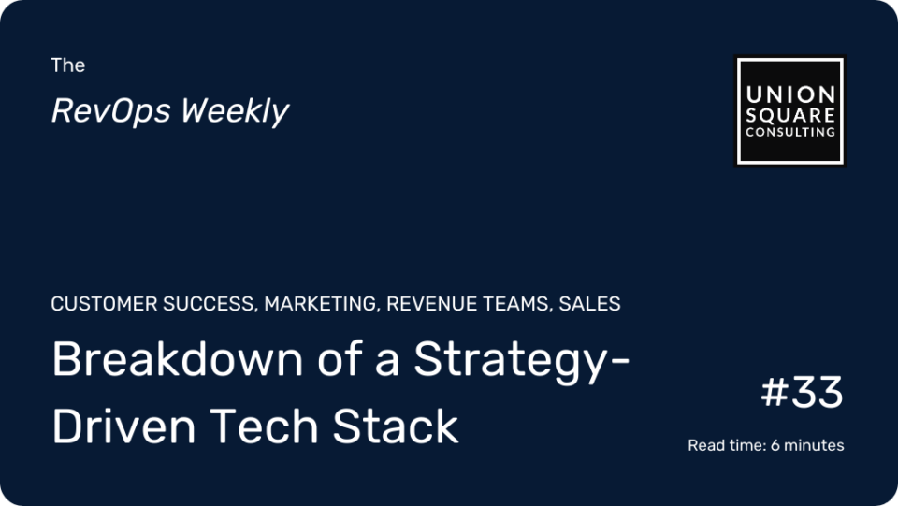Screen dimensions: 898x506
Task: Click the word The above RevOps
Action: coord(67,65)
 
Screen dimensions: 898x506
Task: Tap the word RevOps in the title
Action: coord(110,111)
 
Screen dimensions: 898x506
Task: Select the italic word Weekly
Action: coord(236,111)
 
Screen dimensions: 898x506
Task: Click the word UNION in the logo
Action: coord(790,94)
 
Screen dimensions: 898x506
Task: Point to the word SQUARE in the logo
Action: coord(790,115)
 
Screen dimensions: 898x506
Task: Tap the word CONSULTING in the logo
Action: coord(790,132)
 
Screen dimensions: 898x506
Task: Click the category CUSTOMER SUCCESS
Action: coord(153,304)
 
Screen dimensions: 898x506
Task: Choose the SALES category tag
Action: coord(590,303)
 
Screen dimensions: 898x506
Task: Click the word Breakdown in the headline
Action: coord(178,359)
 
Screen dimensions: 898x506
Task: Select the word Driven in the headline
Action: coord(123,426)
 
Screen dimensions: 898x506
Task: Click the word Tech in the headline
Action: coord(264,426)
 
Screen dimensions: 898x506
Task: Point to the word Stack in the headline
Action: coord(395,426)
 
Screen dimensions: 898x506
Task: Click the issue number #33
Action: coord(802,392)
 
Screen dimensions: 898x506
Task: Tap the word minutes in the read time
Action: coord(814,445)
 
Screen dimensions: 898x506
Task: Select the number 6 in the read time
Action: coord(775,445)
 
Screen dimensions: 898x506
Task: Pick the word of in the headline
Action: coord(339,359)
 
